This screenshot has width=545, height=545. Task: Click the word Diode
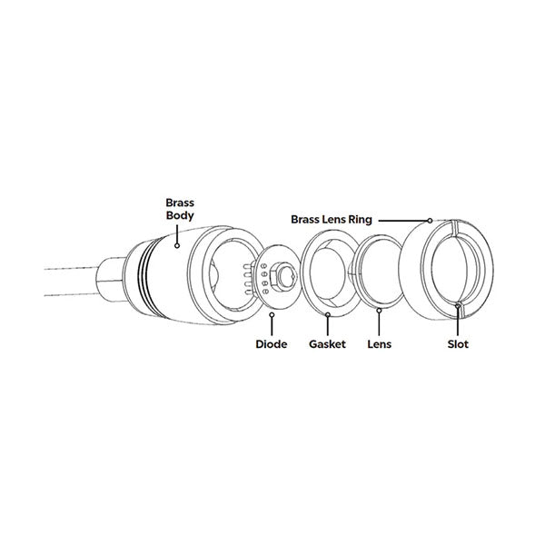(272, 345)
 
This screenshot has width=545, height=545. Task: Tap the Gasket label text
(327, 345)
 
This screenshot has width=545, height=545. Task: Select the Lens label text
(379, 345)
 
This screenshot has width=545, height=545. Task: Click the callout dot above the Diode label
(273, 315)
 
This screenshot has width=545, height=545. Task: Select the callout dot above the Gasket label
(327, 315)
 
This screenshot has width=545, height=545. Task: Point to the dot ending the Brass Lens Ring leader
(428, 220)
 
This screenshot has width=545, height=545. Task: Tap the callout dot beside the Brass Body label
(178, 243)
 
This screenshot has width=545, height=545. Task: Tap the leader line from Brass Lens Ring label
(403, 220)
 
